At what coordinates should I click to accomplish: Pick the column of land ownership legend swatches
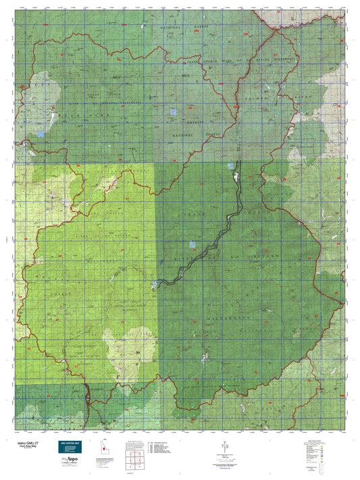[322, 452]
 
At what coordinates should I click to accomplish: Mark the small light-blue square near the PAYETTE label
[174, 111]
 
